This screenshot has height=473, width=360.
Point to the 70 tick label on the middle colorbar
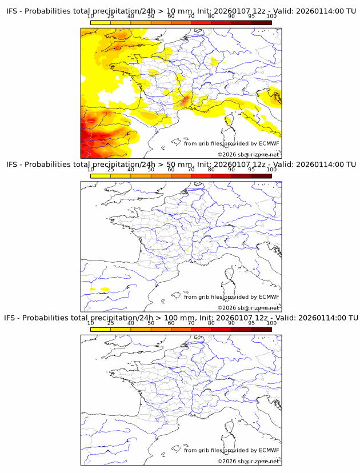(x=191, y=170)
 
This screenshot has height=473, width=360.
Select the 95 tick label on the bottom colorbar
(x=251, y=323)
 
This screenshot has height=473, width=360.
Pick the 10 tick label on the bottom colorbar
(x=91, y=323)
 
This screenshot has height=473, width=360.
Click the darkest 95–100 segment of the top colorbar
(x=261, y=23)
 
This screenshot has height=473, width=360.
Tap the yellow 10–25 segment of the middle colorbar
(x=101, y=176)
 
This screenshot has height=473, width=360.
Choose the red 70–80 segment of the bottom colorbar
(x=201, y=329)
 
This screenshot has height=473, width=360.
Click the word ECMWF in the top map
(x=269, y=143)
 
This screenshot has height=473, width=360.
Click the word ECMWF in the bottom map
(x=269, y=450)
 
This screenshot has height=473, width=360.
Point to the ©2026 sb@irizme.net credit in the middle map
(x=249, y=308)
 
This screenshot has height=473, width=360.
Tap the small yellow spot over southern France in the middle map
(x=187, y=251)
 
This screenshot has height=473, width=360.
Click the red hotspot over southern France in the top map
(x=183, y=101)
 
